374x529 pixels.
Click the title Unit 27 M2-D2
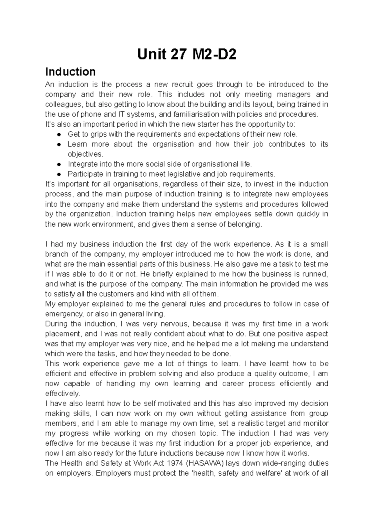pyautogui.click(x=187, y=55)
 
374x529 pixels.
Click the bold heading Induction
pyautogui.click(x=70, y=72)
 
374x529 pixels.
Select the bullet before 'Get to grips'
pyautogui.click(x=59, y=135)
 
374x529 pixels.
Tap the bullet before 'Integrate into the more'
pyautogui.click(x=59, y=164)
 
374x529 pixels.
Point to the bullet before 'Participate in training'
pyautogui.click(x=59, y=174)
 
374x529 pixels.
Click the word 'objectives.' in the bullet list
pyautogui.click(x=85, y=154)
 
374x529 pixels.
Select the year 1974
pyautogui.click(x=173, y=463)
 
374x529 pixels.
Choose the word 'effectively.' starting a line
pyautogui.click(x=62, y=393)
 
